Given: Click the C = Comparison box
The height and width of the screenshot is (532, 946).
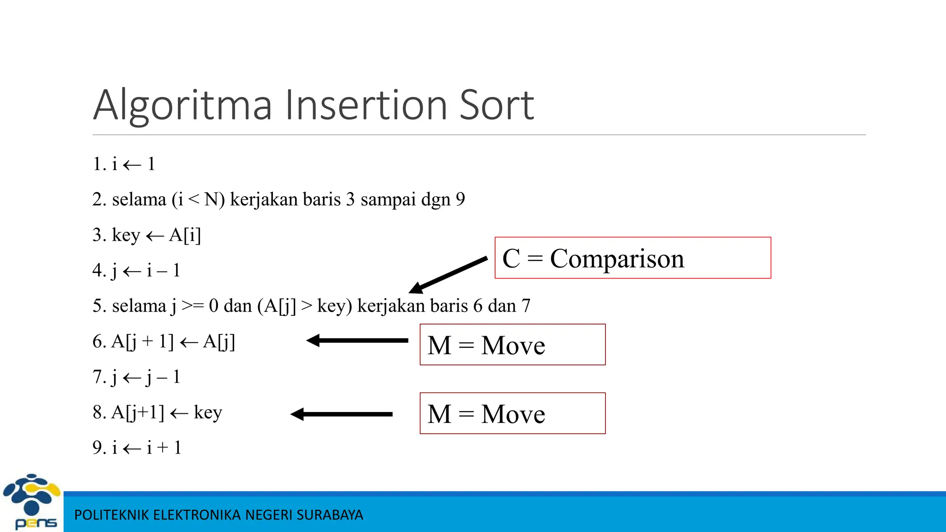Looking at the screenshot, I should coord(632,258).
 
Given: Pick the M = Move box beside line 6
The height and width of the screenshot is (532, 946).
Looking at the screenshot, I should coord(512,345).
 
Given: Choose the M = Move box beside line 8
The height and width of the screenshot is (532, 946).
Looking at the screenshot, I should coord(512,413).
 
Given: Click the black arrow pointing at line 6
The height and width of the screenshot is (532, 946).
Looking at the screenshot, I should coord(357,341).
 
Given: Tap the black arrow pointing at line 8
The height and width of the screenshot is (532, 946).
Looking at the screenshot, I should coord(341,414).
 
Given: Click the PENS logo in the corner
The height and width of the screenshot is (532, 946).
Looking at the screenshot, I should coord(31,502).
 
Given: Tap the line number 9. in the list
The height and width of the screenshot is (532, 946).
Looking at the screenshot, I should coord(99,447).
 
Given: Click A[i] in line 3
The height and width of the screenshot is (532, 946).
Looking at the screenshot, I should coord(185,235).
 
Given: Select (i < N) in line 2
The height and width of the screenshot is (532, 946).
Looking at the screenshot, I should coord(198,199).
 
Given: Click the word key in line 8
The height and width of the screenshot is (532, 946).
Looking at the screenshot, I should coord(208,412).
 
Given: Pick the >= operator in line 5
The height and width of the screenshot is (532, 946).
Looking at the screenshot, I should coord(193,306).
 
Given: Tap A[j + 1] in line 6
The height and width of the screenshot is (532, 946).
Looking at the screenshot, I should coord(142,342).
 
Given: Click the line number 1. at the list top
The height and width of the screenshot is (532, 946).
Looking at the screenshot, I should coord(99,164).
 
